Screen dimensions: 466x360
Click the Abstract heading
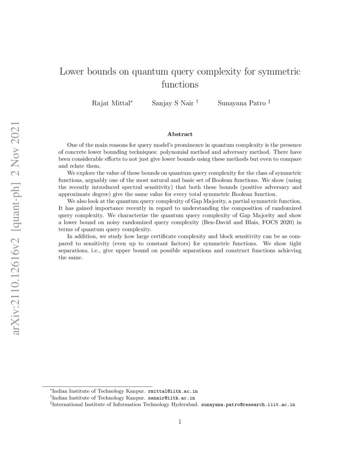click(x=180, y=134)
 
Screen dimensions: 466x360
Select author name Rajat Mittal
click(x=111, y=103)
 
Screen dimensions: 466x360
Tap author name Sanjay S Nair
click(x=172, y=103)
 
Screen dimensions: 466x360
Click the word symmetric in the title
click(x=280, y=72)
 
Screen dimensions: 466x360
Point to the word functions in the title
click(x=180, y=85)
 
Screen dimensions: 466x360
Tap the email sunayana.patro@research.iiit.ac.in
click(x=248, y=405)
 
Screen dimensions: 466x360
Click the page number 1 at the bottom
click(x=180, y=422)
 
